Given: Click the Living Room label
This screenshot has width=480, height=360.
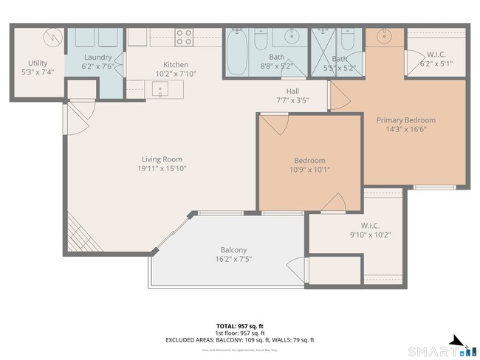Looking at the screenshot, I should pyautogui.click(x=162, y=159).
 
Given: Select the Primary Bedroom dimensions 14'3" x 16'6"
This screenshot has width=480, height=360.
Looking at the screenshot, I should pyautogui.click(x=405, y=129).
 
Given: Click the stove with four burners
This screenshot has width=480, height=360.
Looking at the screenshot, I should pyautogui.click(x=184, y=37).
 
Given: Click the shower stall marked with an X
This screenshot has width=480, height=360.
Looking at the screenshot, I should pyautogui.click(x=322, y=50).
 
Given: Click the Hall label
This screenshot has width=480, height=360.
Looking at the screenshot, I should pyautogui.click(x=292, y=91).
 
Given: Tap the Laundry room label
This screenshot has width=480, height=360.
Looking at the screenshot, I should pyautogui.click(x=97, y=57).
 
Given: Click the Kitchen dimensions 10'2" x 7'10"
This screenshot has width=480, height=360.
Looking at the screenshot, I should pyautogui.click(x=176, y=74).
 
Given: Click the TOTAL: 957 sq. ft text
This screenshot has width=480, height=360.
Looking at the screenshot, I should pyautogui.click(x=240, y=325).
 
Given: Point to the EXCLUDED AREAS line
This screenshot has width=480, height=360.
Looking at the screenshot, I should pyautogui.click(x=240, y=340).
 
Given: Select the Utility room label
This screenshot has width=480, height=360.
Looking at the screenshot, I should pyautogui.click(x=38, y=63).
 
